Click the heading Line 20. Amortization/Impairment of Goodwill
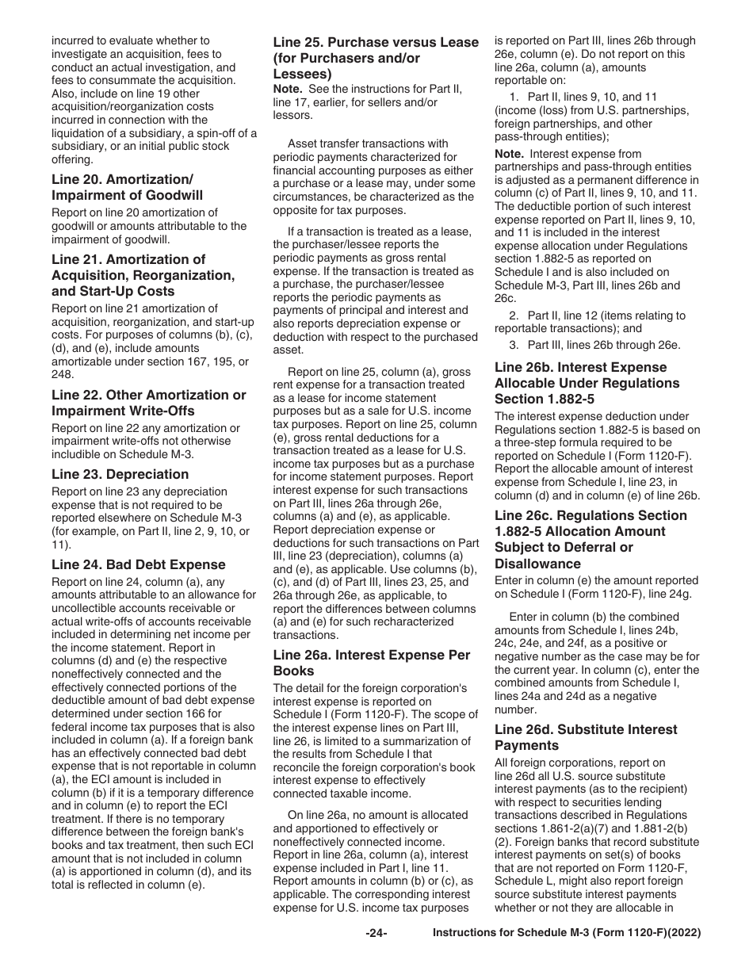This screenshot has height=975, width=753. (x=127, y=187)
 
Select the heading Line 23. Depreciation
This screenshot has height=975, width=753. (x=120, y=474)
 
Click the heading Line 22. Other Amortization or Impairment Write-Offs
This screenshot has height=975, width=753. (x=148, y=403)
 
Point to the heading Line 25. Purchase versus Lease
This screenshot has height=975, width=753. (x=376, y=58)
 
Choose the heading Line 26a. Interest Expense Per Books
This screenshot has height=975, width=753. (x=371, y=663)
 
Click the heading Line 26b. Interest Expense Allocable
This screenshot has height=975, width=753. (x=587, y=383)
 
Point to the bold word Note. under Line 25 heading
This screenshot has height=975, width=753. (x=288, y=88)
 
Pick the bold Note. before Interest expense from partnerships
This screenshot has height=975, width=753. (x=509, y=154)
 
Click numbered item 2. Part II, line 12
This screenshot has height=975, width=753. (x=590, y=322)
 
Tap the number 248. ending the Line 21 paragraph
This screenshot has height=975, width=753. (x=63, y=374)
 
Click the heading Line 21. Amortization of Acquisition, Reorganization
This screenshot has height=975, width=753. (x=143, y=275)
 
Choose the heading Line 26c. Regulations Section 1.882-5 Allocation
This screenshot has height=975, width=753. (x=591, y=539)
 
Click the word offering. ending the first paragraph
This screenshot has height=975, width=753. (x=72, y=159)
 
